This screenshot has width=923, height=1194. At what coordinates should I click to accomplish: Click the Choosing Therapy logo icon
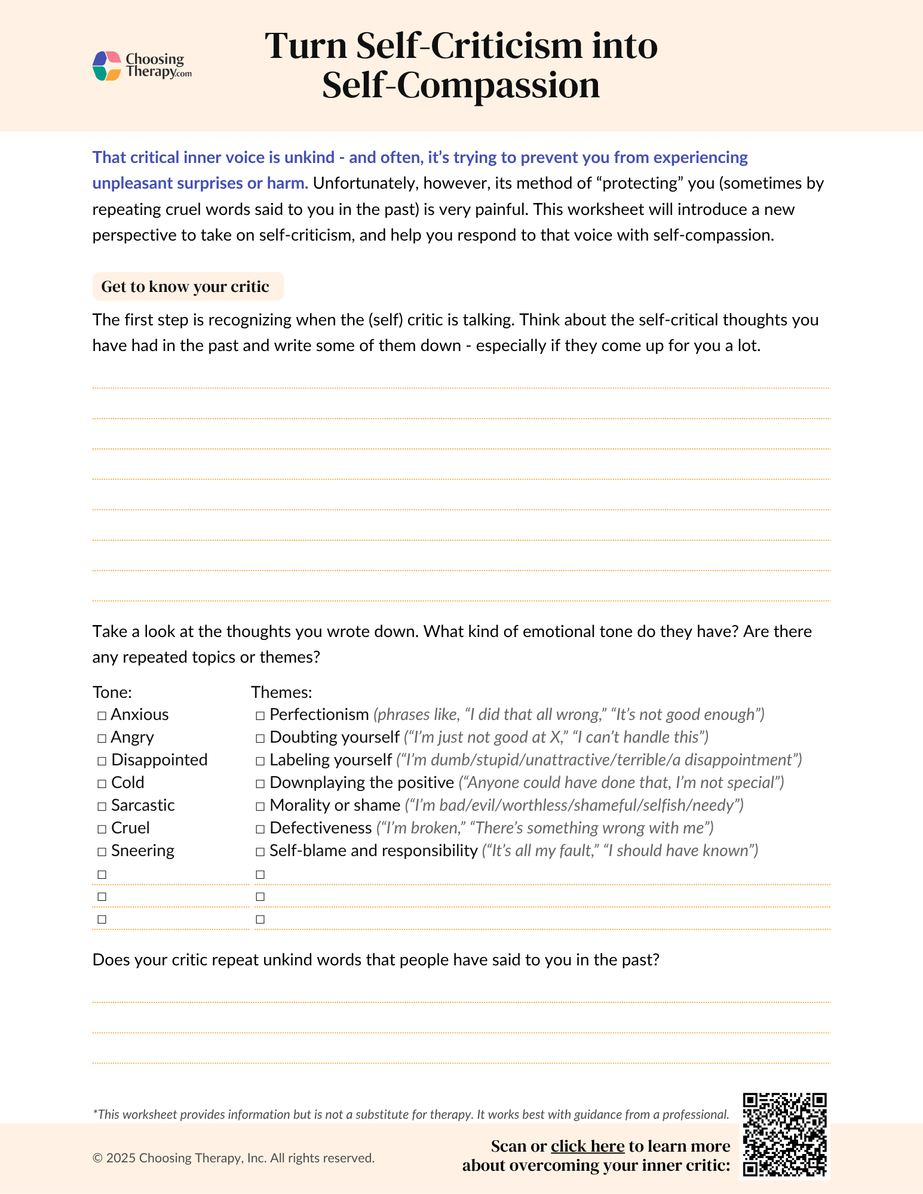(x=107, y=66)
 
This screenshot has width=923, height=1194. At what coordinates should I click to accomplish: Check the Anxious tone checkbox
(x=102, y=715)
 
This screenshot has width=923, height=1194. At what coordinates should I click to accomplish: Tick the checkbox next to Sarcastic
(x=102, y=806)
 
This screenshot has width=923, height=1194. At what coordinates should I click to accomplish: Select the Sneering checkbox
(x=102, y=851)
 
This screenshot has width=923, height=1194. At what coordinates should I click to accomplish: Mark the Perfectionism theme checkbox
(x=260, y=715)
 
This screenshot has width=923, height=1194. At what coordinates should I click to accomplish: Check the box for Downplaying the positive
(x=260, y=783)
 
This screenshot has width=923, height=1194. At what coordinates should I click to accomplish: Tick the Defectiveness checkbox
(x=260, y=829)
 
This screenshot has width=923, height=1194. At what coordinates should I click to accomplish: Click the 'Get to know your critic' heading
(x=185, y=287)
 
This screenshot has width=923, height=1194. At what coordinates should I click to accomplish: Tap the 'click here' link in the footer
(x=587, y=1146)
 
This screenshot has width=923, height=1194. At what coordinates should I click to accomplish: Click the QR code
(x=784, y=1135)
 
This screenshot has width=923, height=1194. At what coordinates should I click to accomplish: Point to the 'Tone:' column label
(x=112, y=692)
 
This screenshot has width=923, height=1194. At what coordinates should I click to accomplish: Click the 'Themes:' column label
(x=281, y=692)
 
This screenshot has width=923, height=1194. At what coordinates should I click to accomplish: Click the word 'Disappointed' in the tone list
(x=160, y=760)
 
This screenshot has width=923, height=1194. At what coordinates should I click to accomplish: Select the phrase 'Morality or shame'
(x=335, y=805)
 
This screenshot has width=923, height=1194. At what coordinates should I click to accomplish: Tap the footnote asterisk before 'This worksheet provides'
(x=95, y=1113)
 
